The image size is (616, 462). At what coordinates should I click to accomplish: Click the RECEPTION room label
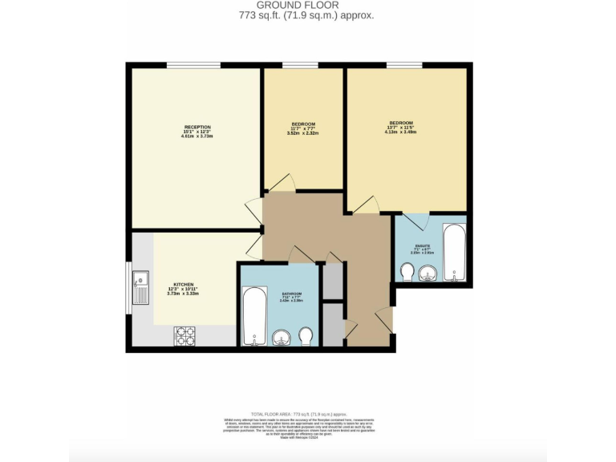197,128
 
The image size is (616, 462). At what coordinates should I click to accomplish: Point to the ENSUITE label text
422,245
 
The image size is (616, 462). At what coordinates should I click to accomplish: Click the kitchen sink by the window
140,288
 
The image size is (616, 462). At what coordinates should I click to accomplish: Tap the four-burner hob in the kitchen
185,335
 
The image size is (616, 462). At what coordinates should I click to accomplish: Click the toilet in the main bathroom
306,334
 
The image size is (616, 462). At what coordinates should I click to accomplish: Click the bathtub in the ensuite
454,253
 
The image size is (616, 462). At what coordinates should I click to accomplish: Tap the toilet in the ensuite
407,272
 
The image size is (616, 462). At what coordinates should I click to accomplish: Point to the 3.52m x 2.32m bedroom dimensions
303,133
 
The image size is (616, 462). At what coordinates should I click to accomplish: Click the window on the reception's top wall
193,65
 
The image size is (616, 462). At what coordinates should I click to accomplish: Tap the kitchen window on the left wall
128,288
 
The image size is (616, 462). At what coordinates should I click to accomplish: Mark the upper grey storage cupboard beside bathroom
332,280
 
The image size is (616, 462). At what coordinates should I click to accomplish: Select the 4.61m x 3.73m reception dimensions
197,136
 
